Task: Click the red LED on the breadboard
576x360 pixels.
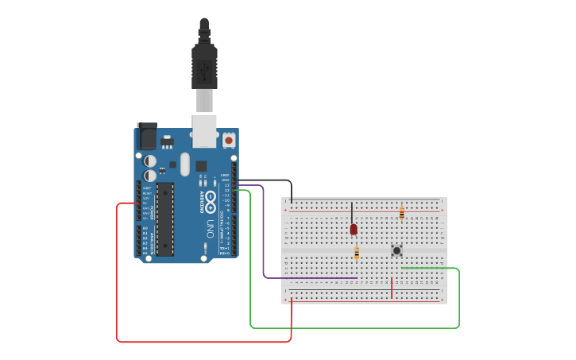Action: pyautogui.click(x=354, y=229)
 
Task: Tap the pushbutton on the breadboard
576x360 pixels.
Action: pyautogui.click(x=396, y=250)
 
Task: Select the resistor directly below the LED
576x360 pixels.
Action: pyautogui.click(x=357, y=254)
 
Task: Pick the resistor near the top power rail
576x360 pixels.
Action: pyautogui.click(x=402, y=213)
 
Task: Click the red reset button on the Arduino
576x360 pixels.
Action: pyautogui.click(x=229, y=140)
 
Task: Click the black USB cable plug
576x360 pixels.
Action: pyautogui.click(x=204, y=68)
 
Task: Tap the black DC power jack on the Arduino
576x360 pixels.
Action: pyautogui.click(x=147, y=136)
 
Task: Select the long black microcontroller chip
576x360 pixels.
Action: pyautogui.click(x=165, y=219)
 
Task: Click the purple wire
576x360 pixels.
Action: pyautogui.click(x=264, y=238)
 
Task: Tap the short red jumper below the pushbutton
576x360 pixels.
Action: pyautogui.click(x=391, y=288)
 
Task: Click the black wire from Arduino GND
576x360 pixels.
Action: pyautogui.click(x=270, y=180)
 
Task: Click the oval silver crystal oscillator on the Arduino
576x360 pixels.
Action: pyautogui.click(x=185, y=165)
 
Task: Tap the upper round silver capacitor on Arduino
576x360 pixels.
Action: pyautogui.click(x=150, y=161)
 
